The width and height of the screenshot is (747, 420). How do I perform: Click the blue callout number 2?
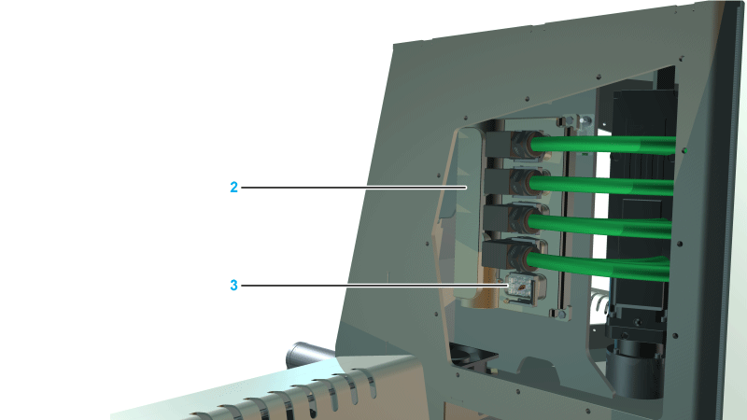point(233,188)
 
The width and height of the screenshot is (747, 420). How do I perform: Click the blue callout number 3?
point(233,286)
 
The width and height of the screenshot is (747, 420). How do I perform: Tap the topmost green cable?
point(603,145)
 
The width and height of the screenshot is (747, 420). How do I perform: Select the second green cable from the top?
point(601,185)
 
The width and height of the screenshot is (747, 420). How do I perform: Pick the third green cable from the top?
point(599,225)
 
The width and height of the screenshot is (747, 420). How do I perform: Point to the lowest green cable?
point(598,267)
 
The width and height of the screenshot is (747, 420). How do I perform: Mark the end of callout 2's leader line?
point(466,188)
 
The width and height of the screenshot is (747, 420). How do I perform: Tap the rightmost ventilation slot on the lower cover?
point(369,384)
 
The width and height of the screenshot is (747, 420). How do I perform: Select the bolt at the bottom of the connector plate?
point(561,315)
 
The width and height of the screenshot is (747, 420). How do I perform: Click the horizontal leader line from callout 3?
point(375,286)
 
